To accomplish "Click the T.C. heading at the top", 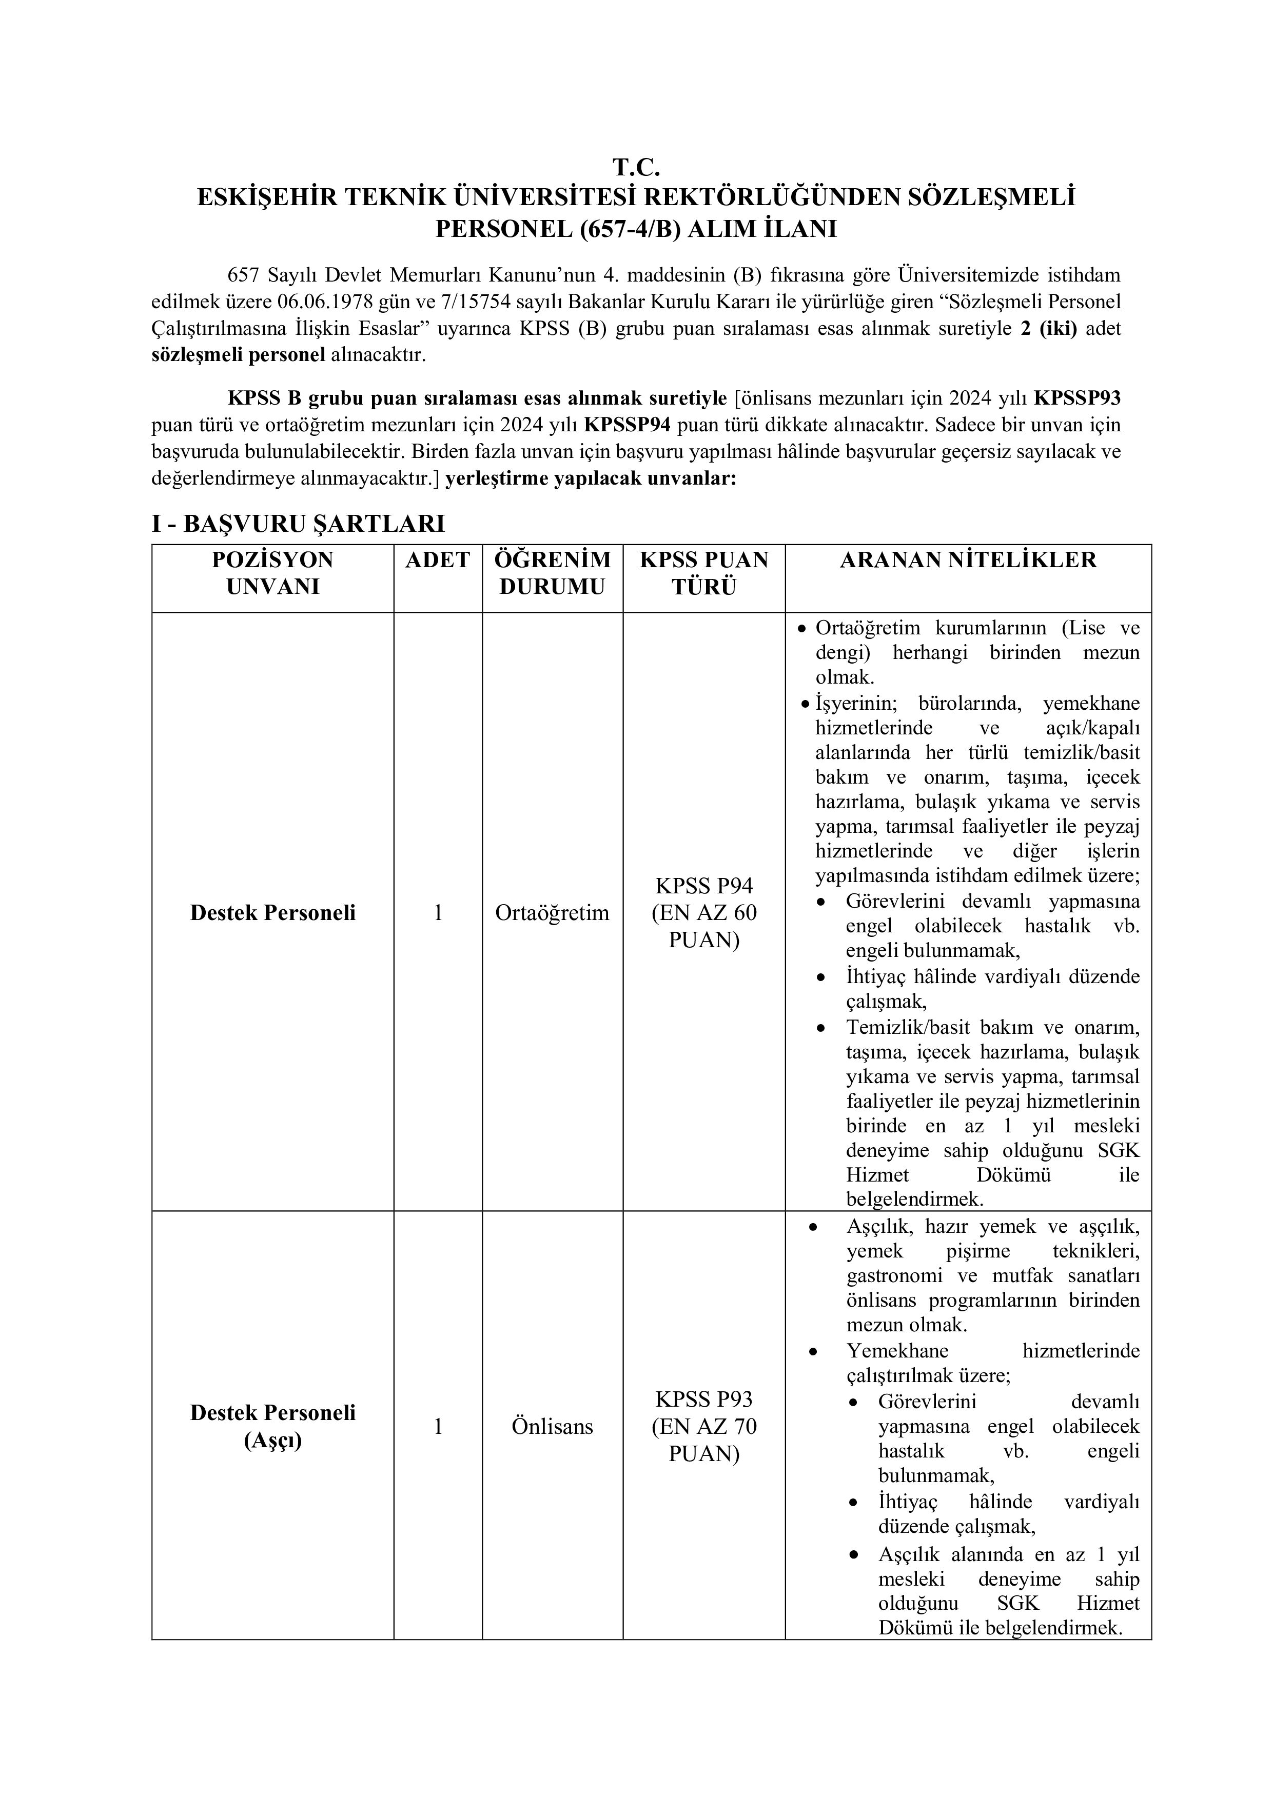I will tap(636, 167).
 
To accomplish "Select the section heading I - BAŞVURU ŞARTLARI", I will tap(298, 524).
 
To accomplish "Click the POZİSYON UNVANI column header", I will tap(273, 573).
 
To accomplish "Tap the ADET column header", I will tap(437, 559).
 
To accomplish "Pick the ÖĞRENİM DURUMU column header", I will tap(552, 573).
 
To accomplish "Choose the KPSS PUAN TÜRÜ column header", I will tap(704, 573).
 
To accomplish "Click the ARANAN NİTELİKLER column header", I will tap(968, 559).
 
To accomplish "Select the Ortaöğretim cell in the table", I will tap(552, 913).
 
